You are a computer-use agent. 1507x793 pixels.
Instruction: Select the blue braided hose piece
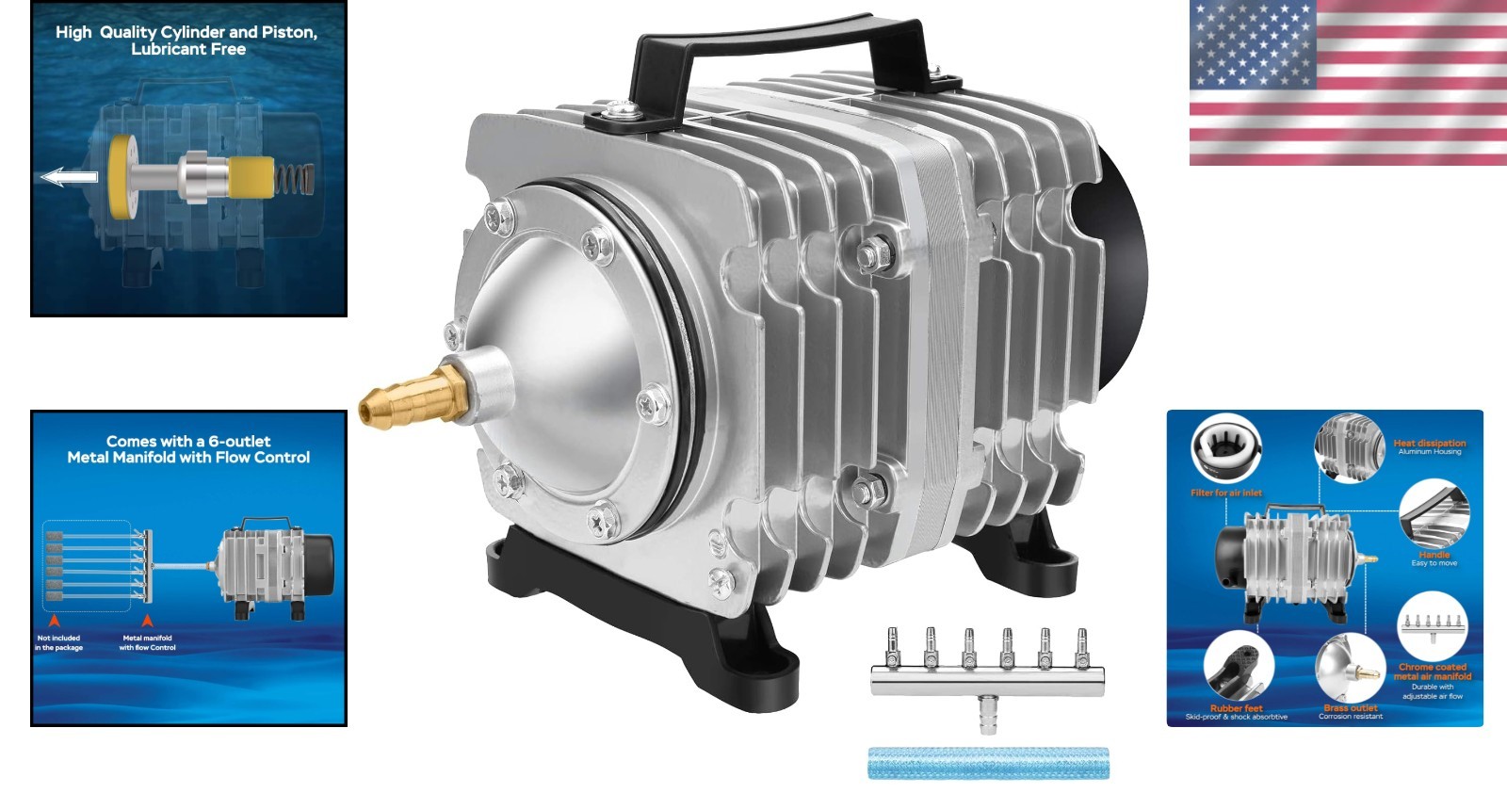click(987, 763)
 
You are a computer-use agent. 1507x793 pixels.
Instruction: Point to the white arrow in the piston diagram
click(72, 176)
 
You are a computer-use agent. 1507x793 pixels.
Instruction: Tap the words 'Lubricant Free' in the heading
click(188, 50)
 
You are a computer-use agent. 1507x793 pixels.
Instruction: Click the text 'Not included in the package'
click(58, 643)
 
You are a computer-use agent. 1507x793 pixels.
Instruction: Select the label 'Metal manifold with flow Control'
click(147, 643)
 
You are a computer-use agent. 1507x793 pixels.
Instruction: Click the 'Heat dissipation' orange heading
click(1429, 443)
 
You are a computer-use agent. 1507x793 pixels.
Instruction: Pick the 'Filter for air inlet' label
click(1225, 493)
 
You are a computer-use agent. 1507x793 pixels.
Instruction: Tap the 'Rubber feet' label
click(1236, 708)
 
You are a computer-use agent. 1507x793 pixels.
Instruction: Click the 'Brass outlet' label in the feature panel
click(1350, 708)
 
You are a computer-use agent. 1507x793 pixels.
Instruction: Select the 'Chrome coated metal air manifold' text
click(1432, 672)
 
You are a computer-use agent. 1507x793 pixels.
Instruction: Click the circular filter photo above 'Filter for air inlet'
click(1225, 449)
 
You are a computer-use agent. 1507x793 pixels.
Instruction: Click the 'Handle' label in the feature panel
click(1434, 555)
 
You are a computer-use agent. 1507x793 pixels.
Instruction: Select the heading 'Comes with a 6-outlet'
click(188, 441)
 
